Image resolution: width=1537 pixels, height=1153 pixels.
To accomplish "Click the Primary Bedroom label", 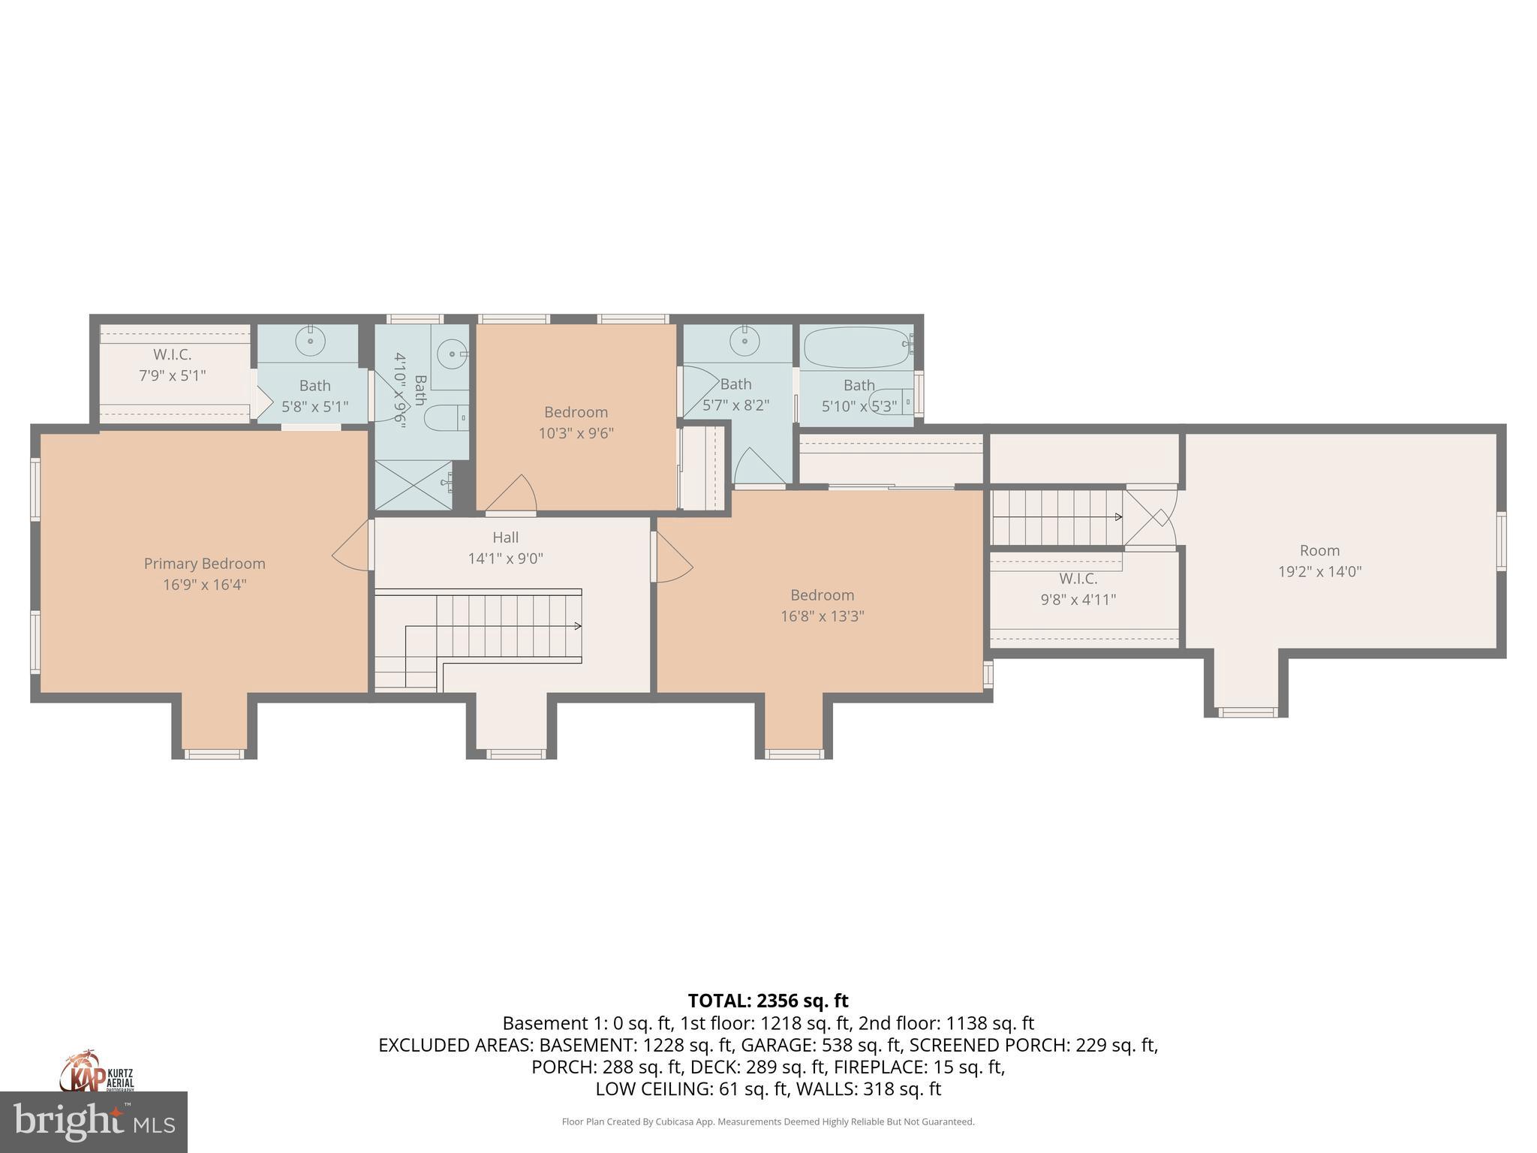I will [204, 564].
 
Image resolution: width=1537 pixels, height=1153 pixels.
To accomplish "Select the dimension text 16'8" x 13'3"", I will [822, 616].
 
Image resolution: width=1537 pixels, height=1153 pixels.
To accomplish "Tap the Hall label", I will [505, 537].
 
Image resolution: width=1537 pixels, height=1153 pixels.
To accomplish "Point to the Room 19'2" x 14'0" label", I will [1319, 561].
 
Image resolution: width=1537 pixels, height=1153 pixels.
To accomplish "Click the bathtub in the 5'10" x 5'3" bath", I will [856, 347].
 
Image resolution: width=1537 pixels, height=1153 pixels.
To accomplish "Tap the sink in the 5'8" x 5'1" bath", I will [309, 342].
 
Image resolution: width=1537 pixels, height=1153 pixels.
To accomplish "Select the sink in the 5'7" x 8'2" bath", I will [744, 342].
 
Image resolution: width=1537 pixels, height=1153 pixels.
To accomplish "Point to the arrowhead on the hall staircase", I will [578, 626].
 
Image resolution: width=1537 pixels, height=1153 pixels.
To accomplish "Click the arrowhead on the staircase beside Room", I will [1119, 517].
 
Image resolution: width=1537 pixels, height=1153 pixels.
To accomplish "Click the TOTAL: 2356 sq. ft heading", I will [768, 1001].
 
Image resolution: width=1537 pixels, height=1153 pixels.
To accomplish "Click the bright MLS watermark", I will [94, 1121].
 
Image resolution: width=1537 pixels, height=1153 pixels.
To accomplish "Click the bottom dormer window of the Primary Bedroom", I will [215, 754].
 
